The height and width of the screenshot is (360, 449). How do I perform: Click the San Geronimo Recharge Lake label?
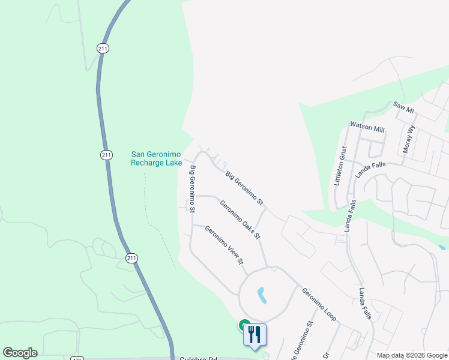tap(156, 158)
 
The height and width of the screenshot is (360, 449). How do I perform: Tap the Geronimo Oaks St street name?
tap(240, 220)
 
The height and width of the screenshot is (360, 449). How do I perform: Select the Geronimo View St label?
tap(224, 245)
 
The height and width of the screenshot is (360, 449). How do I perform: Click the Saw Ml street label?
tap(403, 107)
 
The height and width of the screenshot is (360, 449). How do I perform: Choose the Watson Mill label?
tap(367, 128)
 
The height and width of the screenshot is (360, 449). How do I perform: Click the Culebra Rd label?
tap(197, 358)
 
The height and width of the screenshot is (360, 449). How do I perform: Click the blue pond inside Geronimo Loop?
tap(262, 295)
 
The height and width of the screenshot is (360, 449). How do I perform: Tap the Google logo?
tap(20, 353)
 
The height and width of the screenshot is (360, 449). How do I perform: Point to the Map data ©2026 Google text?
tap(412, 355)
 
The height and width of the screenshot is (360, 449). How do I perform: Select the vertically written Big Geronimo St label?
tap(193, 189)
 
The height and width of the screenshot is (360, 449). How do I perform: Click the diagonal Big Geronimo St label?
tap(245, 188)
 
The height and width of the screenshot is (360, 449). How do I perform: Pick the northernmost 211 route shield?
tap(103, 48)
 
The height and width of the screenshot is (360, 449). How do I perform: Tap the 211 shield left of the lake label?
tap(106, 155)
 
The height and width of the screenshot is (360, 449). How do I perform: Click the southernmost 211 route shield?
tap(131, 258)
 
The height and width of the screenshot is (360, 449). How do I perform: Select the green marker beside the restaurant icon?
tap(244, 325)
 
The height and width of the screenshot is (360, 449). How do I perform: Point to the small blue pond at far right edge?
tap(442, 247)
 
